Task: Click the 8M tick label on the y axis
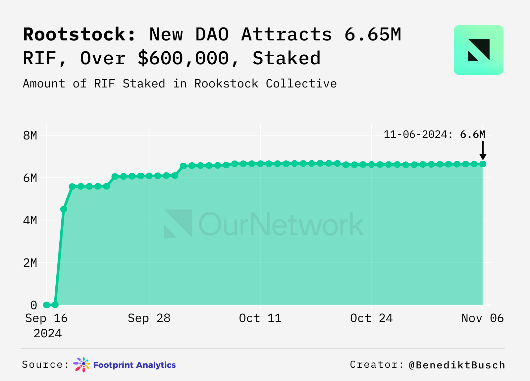(30, 136)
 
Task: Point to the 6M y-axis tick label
(30, 178)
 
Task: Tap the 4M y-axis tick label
(30, 220)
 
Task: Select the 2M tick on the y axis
(30, 263)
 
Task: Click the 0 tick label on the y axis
(33, 305)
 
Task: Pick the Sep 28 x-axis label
(149, 318)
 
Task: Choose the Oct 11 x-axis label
(260, 318)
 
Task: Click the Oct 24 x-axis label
(371, 318)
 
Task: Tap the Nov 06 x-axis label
(482, 318)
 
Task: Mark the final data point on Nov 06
(483, 164)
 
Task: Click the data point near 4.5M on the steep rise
(64, 209)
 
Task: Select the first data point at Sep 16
(46, 305)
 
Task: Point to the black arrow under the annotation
(483, 151)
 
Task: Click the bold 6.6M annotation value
(473, 135)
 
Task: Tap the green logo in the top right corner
(478, 50)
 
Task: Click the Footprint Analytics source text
(134, 365)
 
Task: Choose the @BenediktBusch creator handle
(457, 365)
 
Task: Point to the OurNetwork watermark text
(281, 224)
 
